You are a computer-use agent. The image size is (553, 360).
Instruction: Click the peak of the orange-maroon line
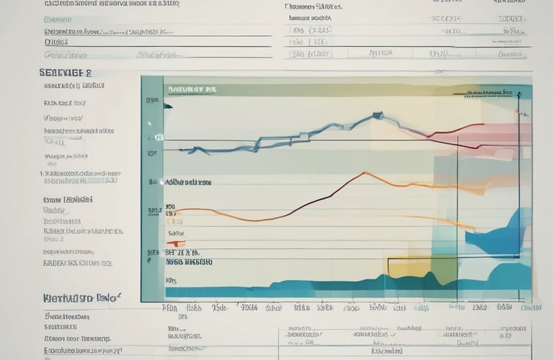(365, 173)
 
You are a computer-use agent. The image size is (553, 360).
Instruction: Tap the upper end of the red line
(482, 124)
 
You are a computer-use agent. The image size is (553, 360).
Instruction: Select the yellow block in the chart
(409, 268)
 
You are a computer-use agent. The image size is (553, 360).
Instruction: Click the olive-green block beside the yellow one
(444, 268)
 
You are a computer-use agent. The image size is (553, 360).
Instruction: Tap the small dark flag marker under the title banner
(168, 107)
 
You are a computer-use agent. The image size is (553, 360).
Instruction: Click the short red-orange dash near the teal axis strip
(176, 243)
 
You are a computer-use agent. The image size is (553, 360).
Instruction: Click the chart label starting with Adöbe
(189, 183)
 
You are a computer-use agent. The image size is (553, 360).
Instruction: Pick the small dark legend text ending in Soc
(493, 93)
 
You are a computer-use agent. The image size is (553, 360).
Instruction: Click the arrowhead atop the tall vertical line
(516, 114)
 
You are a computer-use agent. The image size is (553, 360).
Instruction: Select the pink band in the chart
(497, 134)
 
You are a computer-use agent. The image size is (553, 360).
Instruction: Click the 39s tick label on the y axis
(152, 101)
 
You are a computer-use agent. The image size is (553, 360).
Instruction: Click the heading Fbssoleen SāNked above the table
(315, 6)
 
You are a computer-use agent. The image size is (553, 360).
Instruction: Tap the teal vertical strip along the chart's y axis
(152, 187)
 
